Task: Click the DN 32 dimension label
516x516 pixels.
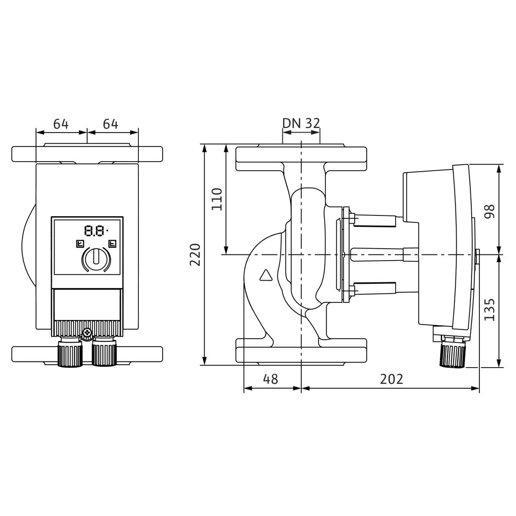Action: point(301,123)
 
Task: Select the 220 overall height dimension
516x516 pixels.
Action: point(195,255)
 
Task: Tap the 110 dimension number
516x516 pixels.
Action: point(217,199)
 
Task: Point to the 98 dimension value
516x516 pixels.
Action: point(490,212)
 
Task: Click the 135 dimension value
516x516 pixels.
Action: point(490,310)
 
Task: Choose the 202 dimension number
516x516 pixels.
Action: point(391,379)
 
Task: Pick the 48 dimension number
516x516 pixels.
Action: point(271,379)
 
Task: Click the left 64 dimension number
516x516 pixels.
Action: point(61,124)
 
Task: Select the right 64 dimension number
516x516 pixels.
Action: point(111,124)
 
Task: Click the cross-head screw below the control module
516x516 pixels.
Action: point(87,333)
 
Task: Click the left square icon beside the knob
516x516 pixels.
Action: point(80,244)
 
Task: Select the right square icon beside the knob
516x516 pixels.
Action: point(112,244)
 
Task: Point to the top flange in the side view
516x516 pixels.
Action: point(301,159)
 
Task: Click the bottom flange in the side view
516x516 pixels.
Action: point(301,351)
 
